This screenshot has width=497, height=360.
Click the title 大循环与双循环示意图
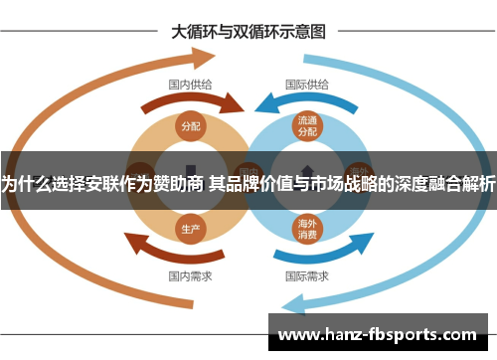click(248, 31)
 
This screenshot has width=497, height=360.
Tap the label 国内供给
click(189, 85)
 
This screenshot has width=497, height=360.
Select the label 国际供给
click(307, 85)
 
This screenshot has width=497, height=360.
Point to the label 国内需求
click(189, 275)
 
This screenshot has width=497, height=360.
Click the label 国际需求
click(307, 275)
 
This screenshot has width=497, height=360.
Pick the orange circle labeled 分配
click(190, 126)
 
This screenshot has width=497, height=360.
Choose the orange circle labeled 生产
click(190, 228)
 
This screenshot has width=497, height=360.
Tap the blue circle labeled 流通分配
click(307, 125)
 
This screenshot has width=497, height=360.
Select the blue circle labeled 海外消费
click(307, 229)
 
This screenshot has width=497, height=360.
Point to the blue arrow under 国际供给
click(298, 102)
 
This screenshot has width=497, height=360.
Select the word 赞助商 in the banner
click(180, 182)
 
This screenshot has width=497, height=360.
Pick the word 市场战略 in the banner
click(341, 182)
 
